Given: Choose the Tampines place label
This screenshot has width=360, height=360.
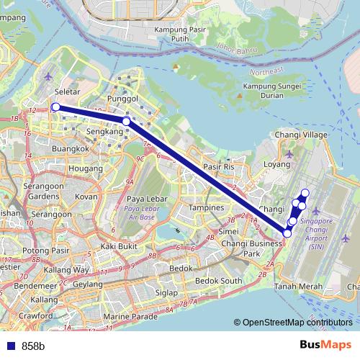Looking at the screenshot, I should point(206,207).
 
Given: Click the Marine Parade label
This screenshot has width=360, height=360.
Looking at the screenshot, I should point(130,317).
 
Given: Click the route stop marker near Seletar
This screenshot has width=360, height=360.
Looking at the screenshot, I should point(55,107).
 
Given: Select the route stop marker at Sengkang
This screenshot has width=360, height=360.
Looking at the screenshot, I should point(126,122).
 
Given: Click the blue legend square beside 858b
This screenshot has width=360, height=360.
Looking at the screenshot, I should point(10,346).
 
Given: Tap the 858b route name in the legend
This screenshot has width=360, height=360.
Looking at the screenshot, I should point(33,346).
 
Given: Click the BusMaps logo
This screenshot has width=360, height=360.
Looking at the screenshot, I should point(325,345).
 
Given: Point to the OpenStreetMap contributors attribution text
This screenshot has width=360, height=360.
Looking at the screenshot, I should point(297,323).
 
